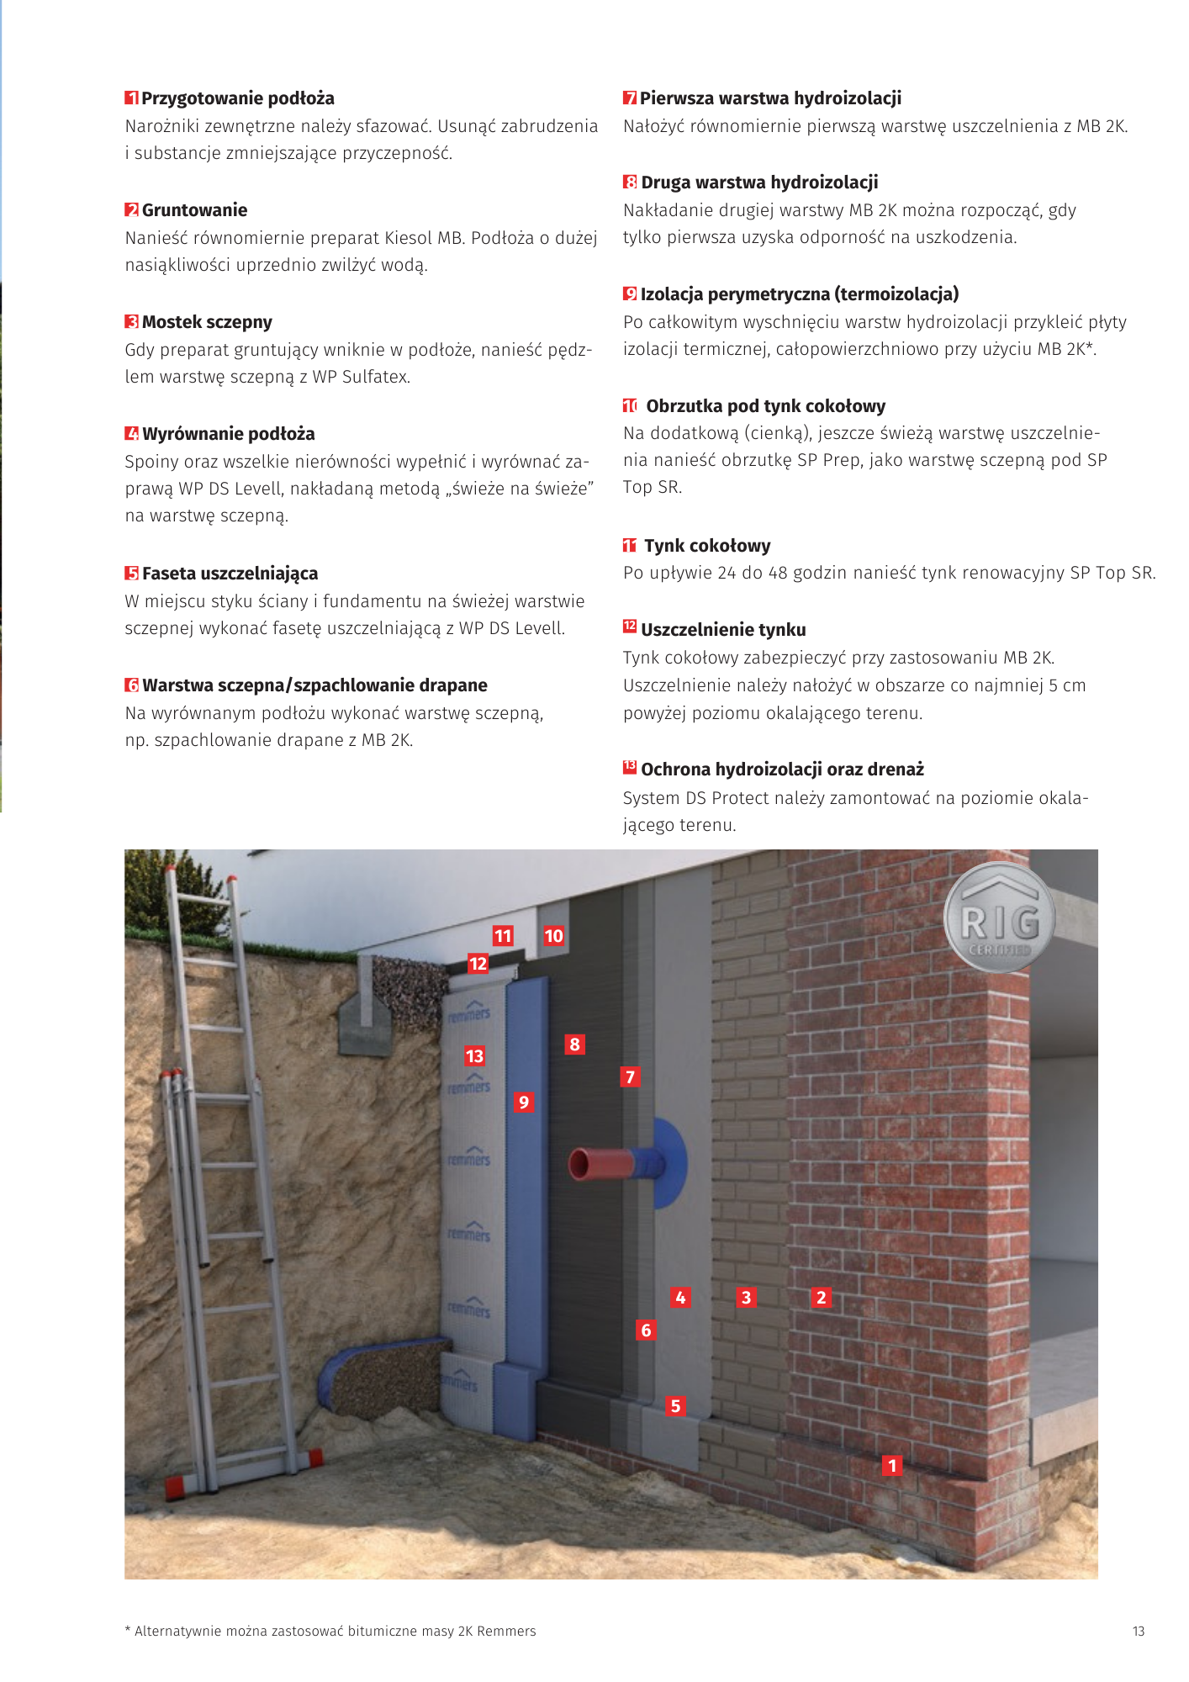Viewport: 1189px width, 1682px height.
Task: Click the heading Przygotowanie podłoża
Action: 237,98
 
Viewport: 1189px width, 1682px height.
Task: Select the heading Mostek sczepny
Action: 207,322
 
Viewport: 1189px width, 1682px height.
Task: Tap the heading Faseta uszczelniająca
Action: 230,574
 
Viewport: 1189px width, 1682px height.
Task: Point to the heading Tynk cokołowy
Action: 706,546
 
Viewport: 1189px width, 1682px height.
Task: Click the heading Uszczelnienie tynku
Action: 722,630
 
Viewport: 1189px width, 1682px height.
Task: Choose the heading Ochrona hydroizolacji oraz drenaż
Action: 781,770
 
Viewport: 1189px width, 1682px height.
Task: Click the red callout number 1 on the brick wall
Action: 892,1466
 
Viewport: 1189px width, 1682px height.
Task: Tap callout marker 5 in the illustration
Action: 675,1406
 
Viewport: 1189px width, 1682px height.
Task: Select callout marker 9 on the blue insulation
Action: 524,1103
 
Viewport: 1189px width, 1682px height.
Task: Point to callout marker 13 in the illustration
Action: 474,1056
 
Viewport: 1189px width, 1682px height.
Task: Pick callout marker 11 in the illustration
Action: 503,936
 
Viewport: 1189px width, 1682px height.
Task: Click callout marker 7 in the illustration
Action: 630,1077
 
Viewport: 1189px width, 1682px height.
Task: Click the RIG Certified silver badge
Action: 999,918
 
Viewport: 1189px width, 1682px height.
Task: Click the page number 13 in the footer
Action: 1139,1632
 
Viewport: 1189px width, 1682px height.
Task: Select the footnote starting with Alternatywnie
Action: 330,1632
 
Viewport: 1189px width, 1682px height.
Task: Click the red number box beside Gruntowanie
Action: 132,210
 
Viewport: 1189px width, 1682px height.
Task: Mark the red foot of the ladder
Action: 177,1487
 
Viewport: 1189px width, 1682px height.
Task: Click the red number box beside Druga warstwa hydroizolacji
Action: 630,182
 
